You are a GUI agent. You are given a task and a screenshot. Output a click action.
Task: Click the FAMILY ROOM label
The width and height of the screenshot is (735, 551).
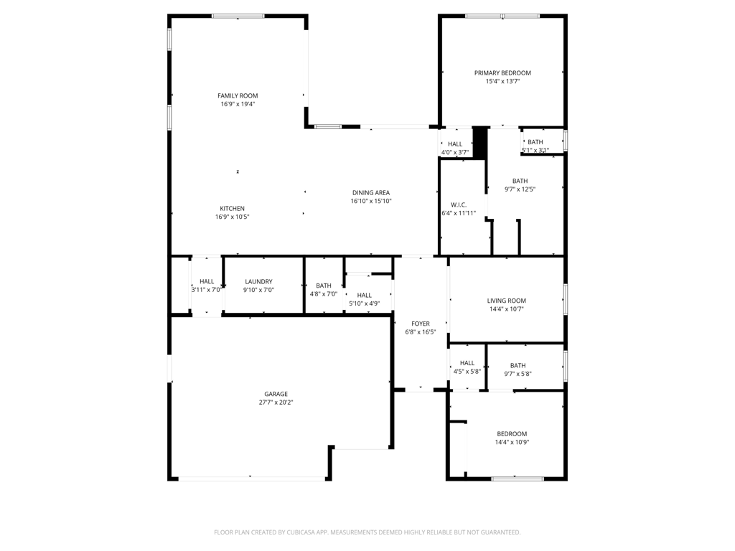tap(238, 95)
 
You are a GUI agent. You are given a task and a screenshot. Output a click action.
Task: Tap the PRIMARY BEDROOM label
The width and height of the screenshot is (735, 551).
tap(502, 72)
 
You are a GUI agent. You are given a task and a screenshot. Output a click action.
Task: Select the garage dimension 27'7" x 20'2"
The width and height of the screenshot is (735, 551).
tap(276, 402)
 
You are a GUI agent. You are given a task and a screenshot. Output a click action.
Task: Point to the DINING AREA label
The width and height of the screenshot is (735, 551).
tap(371, 192)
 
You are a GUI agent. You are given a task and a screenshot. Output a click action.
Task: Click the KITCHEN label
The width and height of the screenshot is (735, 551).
tap(232, 209)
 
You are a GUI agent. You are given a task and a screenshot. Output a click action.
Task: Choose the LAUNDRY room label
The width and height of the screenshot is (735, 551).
tap(258, 281)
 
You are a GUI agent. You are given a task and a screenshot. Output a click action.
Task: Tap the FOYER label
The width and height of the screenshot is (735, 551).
tap(421, 324)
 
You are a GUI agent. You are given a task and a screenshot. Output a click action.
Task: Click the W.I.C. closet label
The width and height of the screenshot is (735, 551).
tap(459, 204)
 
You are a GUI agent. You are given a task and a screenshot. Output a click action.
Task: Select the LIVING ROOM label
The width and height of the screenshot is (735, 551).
tap(506, 301)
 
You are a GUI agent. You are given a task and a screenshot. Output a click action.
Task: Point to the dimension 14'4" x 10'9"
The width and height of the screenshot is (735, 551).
tap(512, 442)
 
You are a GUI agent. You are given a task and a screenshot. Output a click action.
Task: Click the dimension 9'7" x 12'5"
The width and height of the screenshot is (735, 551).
tap(520, 189)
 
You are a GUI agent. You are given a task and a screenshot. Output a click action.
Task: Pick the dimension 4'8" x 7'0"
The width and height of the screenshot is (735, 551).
tap(324, 294)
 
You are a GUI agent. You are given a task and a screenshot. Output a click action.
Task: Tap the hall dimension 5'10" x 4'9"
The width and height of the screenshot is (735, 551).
tap(364, 303)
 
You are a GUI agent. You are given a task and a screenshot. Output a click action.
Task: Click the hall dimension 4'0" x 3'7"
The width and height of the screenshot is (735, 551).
tap(454, 152)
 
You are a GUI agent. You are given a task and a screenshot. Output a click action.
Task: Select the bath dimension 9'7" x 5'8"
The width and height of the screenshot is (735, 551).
tap(518, 374)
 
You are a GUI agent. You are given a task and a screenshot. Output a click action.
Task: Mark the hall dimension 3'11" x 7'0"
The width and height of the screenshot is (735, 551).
tap(206, 290)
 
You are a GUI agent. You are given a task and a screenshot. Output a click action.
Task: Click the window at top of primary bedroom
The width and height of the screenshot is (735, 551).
tap(502, 17)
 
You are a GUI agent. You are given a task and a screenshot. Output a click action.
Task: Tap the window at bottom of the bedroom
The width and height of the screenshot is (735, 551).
tap(517, 479)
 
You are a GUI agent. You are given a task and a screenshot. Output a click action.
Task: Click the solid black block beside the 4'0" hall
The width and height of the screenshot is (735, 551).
tap(479, 143)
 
